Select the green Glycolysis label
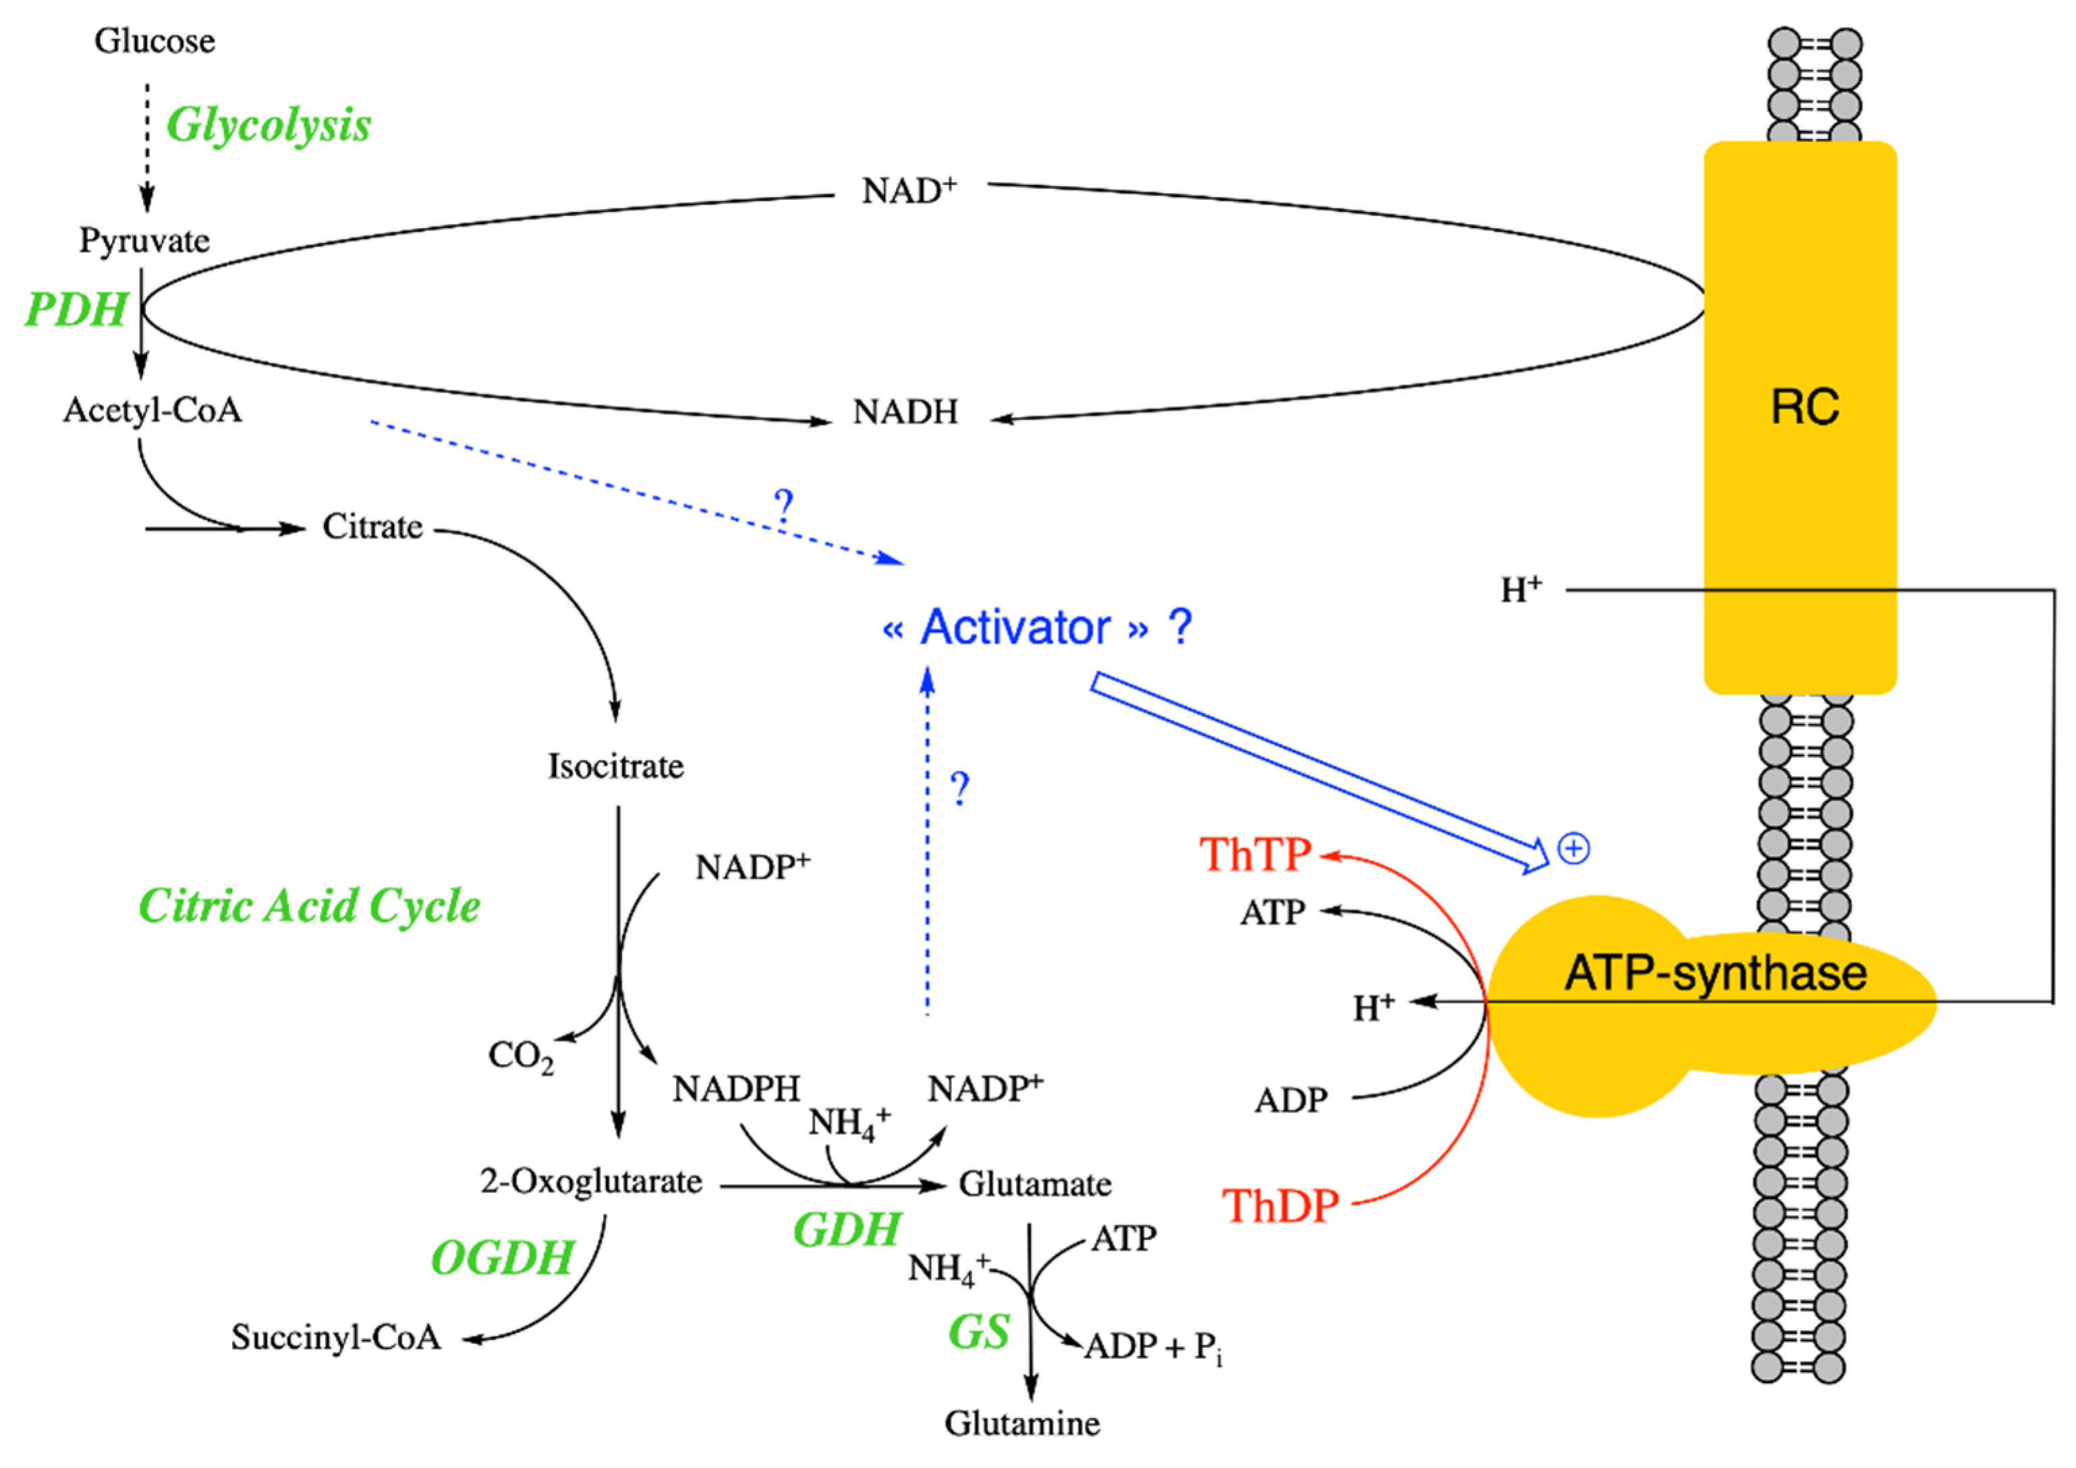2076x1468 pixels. [x=269, y=125]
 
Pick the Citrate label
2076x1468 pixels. [x=372, y=527]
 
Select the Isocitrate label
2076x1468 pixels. [x=616, y=766]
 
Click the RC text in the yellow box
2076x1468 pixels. [x=1804, y=407]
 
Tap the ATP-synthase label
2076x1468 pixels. [x=1715, y=973]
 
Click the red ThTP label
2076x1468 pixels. [x=1255, y=854]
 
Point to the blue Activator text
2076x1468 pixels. [x=1015, y=628]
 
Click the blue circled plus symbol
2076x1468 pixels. [x=1574, y=849]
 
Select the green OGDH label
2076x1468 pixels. [x=503, y=1258]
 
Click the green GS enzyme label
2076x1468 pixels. [x=978, y=1332]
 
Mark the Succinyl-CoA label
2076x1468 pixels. [x=335, y=1338]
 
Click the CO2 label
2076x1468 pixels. [x=520, y=1056]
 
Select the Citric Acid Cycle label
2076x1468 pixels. [x=308, y=906]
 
